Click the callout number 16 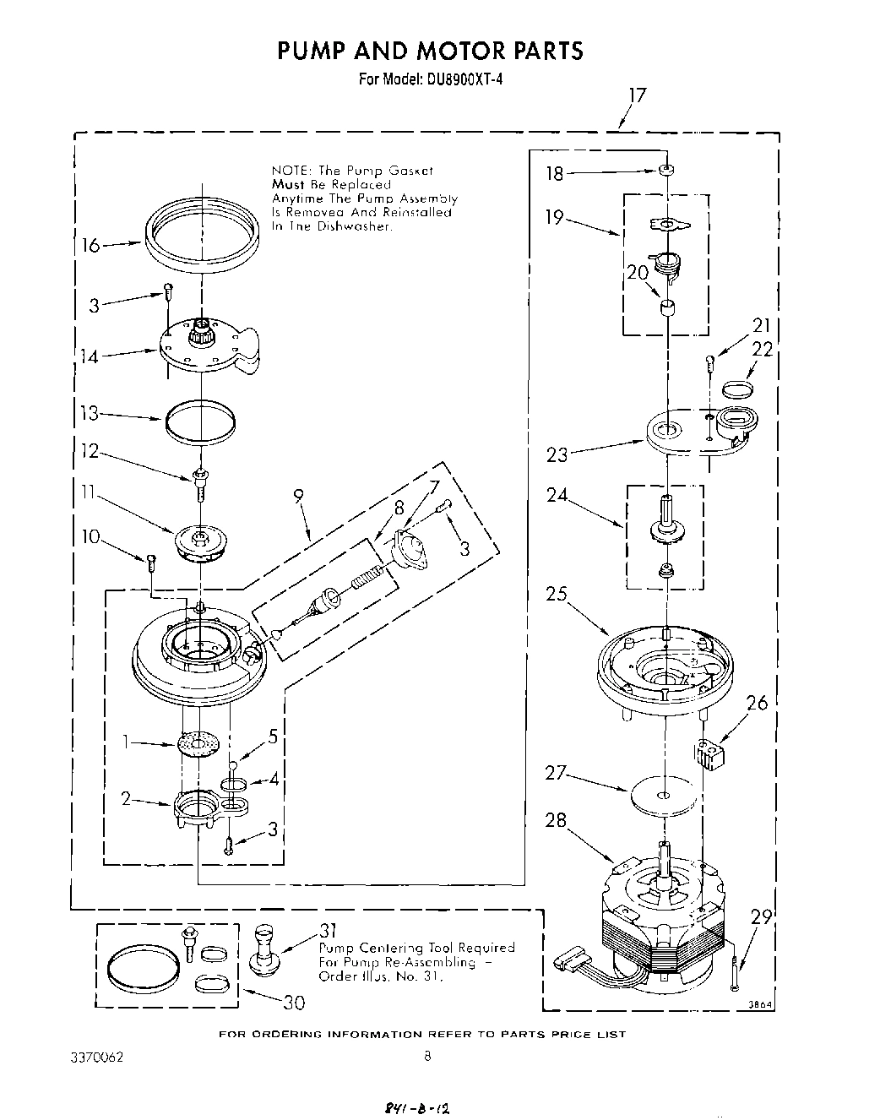(90, 245)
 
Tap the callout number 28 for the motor (557, 820)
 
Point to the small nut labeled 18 (666, 171)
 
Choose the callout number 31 (329, 931)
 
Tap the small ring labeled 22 (738, 388)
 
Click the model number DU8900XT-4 (457, 80)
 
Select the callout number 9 (299, 497)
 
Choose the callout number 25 (557, 594)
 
